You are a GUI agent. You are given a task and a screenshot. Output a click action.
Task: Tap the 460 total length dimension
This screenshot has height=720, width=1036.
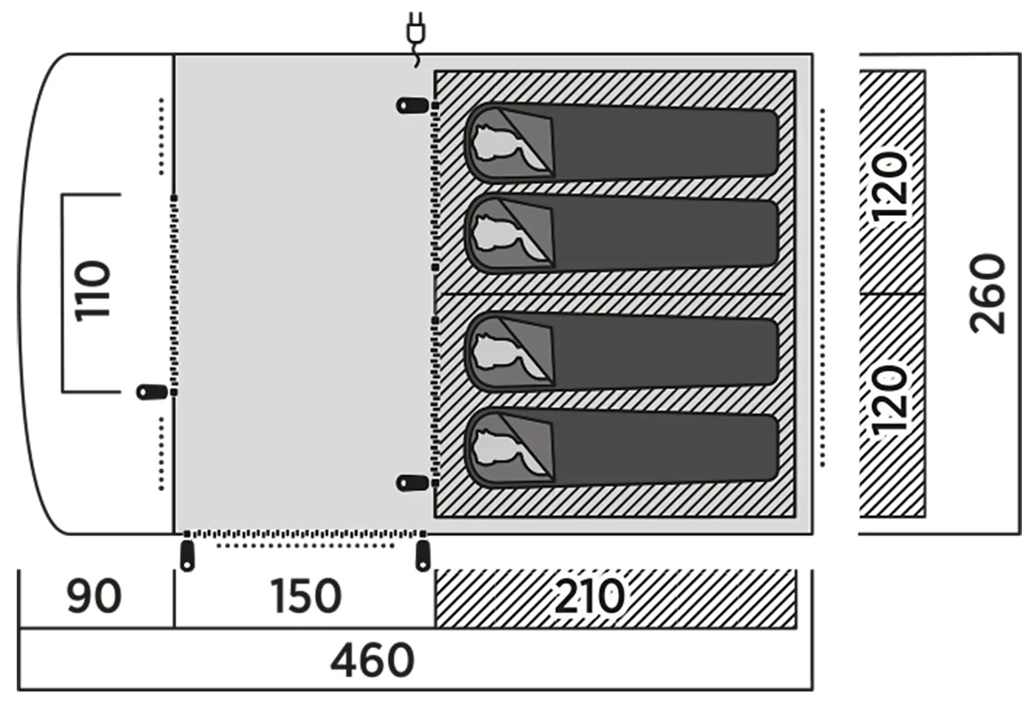tap(372, 660)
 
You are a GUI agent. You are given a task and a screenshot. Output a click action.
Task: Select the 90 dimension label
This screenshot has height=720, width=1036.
tap(94, 596)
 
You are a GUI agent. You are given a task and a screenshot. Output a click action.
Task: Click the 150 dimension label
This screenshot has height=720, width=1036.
tap(306, 596)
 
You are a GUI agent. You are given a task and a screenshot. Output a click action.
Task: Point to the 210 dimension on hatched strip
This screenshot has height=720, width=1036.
tap(589, 596)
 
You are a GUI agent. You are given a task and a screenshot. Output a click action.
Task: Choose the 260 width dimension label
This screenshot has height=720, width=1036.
tap(987, 294)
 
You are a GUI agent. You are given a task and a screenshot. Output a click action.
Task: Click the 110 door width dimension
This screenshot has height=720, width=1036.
tap(93, 291)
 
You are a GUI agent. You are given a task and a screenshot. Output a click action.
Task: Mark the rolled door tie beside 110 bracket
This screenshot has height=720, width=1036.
tap(152, 392)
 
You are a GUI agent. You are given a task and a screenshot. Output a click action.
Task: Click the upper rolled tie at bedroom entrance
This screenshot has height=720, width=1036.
tap(412, 105)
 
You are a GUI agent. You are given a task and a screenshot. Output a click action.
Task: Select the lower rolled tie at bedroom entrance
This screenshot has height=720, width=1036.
tap(412, 483)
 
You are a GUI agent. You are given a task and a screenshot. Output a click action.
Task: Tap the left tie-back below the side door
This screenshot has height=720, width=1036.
tap(187, 556)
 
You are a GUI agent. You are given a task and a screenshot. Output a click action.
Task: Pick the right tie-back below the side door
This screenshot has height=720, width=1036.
tap(423, 556)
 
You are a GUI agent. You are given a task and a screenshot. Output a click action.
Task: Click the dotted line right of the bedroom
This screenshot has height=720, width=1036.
tap(822, 288)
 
